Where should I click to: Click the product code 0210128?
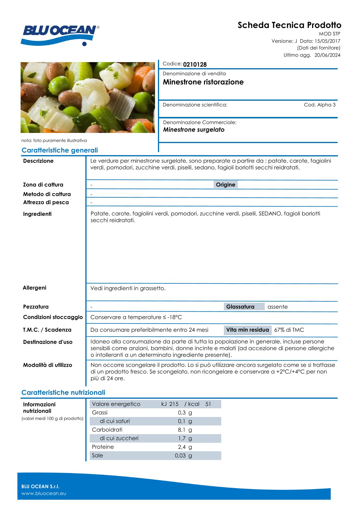click(195, 64)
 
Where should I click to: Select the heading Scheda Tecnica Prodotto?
click(289, 25)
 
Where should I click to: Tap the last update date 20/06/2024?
click(327, 55)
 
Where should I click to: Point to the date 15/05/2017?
click(327, 41)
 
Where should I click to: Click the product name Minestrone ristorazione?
click(203, 82)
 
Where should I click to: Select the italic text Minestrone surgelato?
click(194, 130)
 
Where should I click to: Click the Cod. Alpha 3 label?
click(319, 105)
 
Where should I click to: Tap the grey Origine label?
click(225, 185)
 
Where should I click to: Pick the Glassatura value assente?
click(277, 307)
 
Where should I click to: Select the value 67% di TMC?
click(289, 330)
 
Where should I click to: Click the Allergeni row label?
click(35, 288)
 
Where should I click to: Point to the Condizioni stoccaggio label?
click(53, 317)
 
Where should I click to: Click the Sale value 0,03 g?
click(183, 456)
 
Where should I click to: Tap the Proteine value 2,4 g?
click(185, 447)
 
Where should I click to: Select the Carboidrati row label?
click(107, 430)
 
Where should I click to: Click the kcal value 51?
click(208, 404)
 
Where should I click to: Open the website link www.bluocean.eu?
click(44, 493)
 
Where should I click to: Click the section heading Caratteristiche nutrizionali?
click(63, 393)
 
